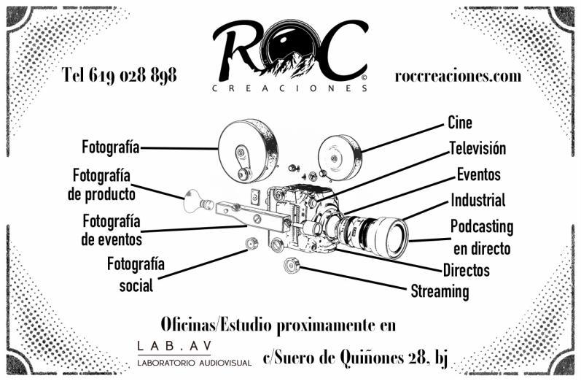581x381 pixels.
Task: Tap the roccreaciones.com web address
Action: [x=458, y=76]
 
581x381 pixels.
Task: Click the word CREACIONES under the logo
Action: [x=290, y=89]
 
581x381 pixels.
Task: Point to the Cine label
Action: [x=459, y=123]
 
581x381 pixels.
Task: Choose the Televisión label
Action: [x=477, y=148]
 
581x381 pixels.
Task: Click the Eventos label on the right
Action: [x=478, y=174]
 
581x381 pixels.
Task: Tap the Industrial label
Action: [x=477, y=200]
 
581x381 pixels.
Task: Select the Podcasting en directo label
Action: [x=481, y=236]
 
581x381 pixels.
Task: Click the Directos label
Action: [x=466, y=270]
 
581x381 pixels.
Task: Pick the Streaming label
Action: [x=440, y=291]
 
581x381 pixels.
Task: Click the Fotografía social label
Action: [x=136, y=274]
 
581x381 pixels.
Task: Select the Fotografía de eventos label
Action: [x=112, y=229]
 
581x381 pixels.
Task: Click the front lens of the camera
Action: [x=391, y=237]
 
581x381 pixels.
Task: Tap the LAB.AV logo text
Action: [x=168, y=345]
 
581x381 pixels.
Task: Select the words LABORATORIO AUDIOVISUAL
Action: [x=194, y=362]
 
